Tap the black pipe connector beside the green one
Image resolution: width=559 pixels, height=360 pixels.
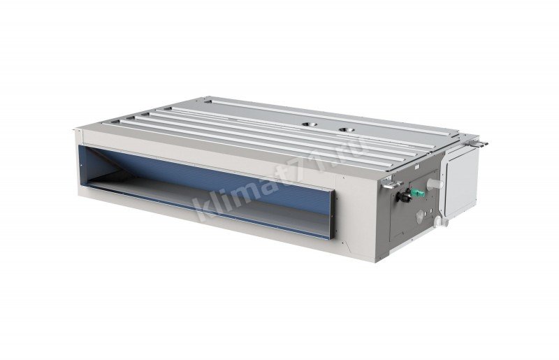click(x=405, y=196)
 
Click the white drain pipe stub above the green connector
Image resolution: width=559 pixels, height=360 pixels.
click(x=435, y=184)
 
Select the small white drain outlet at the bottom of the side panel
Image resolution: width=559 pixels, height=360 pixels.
click(x=442, y=222)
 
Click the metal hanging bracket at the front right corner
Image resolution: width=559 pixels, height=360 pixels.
click(x=391, y=185)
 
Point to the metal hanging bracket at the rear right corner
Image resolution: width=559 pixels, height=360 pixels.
click(x=478, y=143)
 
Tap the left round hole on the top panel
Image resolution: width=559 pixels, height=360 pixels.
click(x=310, y=124)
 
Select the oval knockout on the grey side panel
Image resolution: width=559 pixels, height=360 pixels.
click(x=421, y=215)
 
